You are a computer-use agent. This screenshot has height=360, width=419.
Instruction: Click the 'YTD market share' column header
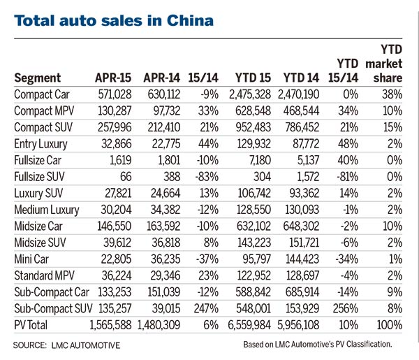[x=394, y=63]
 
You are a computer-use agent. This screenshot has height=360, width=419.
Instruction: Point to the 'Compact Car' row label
[x=42, y=94]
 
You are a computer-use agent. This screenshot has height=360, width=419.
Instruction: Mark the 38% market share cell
[x=397, y=94]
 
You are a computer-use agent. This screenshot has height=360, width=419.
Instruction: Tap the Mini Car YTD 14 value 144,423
[x=305, y=259]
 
